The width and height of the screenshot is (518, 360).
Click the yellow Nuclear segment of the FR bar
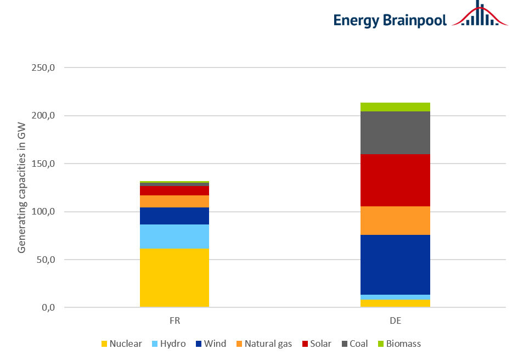click(x=174, y=278)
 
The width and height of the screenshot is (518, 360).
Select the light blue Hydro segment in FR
click(x=174, y=237)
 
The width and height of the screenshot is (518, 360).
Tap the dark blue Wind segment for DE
click(x=395, y=265)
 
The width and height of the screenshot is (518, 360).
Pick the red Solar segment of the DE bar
click(x=395, y=180)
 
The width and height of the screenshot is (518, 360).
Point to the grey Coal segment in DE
click(x=395, y=133)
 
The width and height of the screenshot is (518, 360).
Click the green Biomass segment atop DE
click(x=395, y=107)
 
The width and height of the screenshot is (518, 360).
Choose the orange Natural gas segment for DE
click(x=395, y=221)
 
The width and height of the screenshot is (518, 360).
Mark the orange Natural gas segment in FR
click(x=174, y=201)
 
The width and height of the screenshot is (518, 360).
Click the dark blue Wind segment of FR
click(x=174, y=216)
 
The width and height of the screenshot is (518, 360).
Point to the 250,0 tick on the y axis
click(x=44, y=68)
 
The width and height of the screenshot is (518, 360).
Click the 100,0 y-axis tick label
click(x=44, y=212)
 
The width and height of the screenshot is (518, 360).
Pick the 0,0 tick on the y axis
click(x=48, y=307)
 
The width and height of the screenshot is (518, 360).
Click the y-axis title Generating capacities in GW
click(x=22, y=188)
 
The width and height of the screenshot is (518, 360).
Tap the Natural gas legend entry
click(x=263, y=344)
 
